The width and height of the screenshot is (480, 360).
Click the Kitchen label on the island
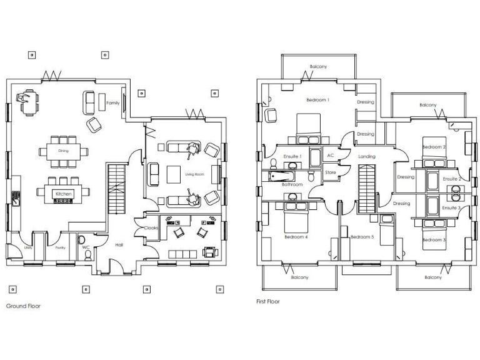[64, 194]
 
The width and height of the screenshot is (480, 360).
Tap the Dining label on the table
[64, 151]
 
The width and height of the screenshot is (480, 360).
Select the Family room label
[112, 103]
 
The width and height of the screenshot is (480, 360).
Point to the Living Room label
[196, 174]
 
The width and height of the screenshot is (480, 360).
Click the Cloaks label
[151, 228]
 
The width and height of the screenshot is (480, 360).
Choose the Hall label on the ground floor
[119, 245]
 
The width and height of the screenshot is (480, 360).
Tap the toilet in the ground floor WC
[87, 255]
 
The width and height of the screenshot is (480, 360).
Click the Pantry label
[60, 248]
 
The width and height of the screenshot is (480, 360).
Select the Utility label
[28, 248]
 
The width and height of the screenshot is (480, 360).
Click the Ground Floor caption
[23, 306]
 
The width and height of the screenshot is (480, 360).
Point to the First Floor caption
[268, 301]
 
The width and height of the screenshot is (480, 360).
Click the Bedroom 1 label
[317, 100]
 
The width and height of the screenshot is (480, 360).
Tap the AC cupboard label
[331, 155]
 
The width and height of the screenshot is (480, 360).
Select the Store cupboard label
[331, 172]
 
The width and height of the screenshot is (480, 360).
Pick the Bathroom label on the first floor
[292, 185]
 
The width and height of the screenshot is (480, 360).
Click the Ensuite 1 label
[292, 156]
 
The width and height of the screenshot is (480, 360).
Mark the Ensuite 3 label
[451, 207]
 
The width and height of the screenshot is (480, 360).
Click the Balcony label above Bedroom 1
[318, 67]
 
